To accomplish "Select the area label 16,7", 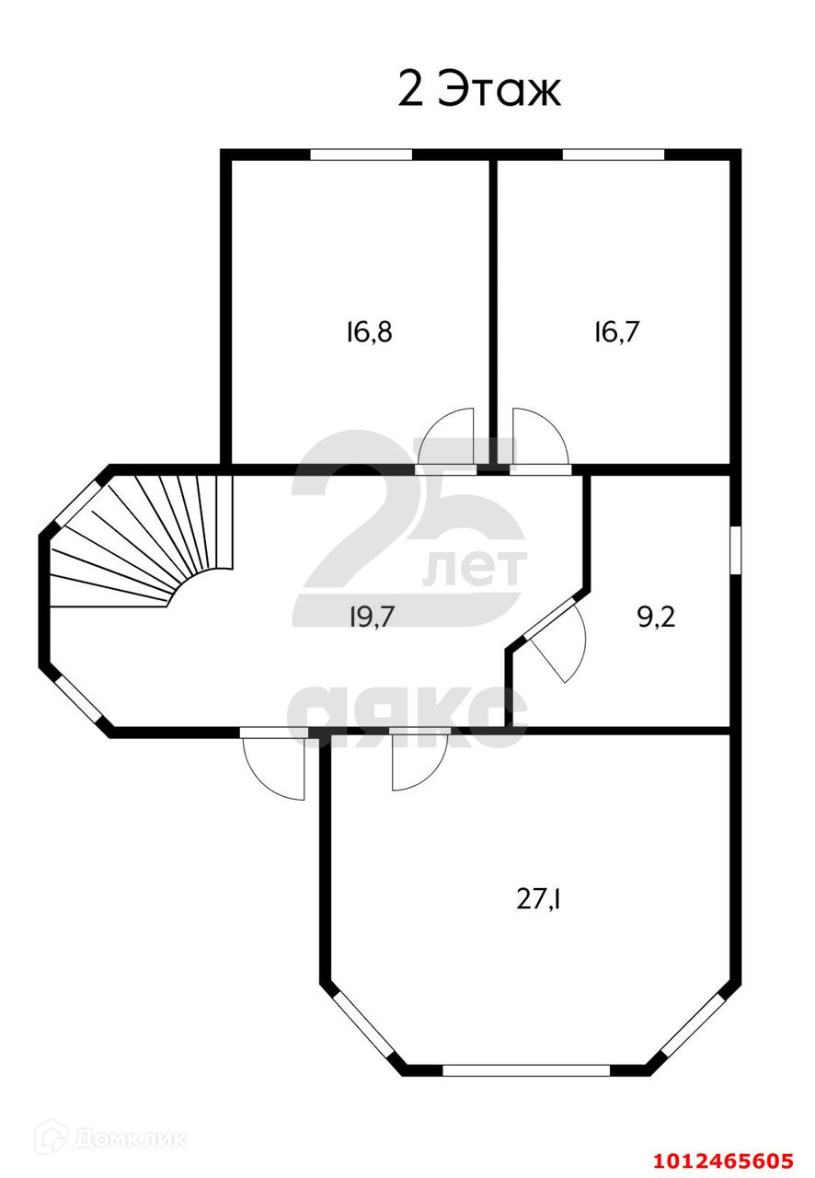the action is (x=616, y=331).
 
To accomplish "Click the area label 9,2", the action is (x=657, y=617).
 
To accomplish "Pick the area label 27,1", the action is (x=539, y=898).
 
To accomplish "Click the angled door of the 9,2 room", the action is (x=557, y=637).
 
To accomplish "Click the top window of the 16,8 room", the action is (x=361, y=155).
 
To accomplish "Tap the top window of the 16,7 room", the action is (x=613, y=155).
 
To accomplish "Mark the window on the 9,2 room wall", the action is (x=735, y=550).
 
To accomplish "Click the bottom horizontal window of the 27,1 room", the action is (x=526, y=1070).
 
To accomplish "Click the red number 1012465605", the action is (x=723, y=1160).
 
